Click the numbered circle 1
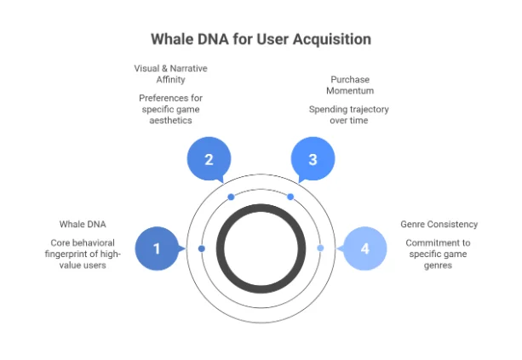(157, 249)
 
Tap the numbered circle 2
(209, 159)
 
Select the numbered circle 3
(313, 159)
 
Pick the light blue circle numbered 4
(364, 249)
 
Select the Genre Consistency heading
(439, 225)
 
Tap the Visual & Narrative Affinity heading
(170, 74)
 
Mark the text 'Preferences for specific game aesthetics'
(170, 110)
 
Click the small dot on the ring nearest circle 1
(202, 249)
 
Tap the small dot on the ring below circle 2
(231, 197)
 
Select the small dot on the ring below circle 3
(290, 197)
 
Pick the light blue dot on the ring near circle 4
(320, 249)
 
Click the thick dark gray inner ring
(261, 209)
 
